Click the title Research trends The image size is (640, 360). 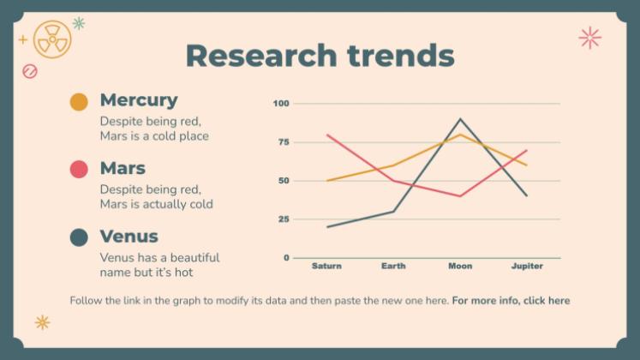click(x=320, y=56)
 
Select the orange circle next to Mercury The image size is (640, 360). click(x=79, y=102)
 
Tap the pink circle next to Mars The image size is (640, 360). click(x=79, y=170)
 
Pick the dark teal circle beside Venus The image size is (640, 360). click(x=79, y=237)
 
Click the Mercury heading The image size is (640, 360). click(x=139, y=100)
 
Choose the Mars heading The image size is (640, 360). click(x=123, y=168)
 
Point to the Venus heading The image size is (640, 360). click(x=129, y=236)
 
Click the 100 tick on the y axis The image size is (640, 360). click(x=280, y=104)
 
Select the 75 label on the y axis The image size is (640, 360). click(x=283, y=142)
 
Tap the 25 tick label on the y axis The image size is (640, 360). click(x=283, y=219)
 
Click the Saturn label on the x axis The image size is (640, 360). click(x=326, y=266)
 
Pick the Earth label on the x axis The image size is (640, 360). click(x=393, y=266)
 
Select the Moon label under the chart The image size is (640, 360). click(x=460, y=266)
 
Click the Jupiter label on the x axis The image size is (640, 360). click(x=527, y=266)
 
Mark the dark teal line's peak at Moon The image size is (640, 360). click(x=460, y=119)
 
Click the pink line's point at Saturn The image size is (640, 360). click(x=327, y=135)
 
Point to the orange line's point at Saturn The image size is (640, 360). click(x=327, y=181)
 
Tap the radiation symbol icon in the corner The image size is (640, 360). click(x=52, y=39)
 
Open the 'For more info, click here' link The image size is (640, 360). click(x=511, y=301)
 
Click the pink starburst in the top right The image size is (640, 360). click(x=589, y=37)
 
